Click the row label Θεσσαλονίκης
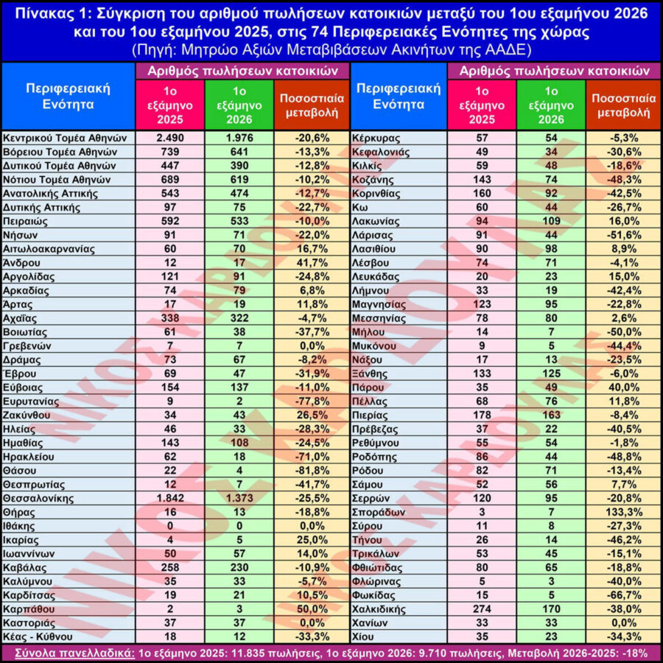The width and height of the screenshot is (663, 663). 38,499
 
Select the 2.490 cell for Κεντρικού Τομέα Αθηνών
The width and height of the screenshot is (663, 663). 170,138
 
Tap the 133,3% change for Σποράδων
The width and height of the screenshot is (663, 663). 624,513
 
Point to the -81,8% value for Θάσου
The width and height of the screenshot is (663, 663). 312,471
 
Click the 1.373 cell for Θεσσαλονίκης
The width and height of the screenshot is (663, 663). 239,499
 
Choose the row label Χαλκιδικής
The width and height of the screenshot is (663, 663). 379,610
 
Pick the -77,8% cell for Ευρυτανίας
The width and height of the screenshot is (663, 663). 312,401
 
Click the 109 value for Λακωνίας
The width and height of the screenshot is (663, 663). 551,221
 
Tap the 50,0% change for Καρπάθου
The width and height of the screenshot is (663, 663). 312,609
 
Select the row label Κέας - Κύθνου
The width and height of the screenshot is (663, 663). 38,636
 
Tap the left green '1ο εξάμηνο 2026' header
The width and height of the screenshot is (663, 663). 239,105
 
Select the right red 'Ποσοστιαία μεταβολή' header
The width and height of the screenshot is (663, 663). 624,105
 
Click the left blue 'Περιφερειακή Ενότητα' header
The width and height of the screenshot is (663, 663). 68,97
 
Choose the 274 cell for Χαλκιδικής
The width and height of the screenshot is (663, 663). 482,609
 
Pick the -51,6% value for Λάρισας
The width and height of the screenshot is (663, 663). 624,235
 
